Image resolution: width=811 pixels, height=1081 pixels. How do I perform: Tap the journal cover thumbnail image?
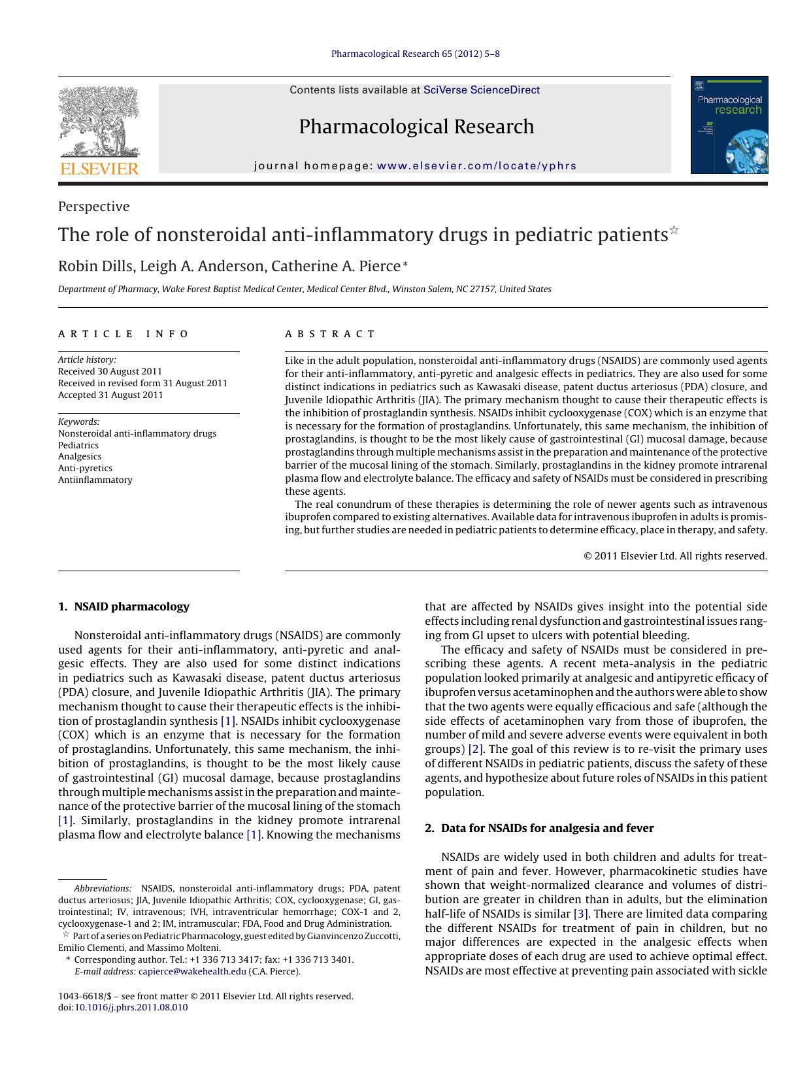tap(729, 125)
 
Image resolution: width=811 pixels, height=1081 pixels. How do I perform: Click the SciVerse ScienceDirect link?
tap(481, 90)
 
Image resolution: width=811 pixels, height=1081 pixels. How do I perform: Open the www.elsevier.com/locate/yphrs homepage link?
tap(476, 166)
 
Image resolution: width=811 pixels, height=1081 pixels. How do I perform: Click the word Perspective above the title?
tap(93, 207)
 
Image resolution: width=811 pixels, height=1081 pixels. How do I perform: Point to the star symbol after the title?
tap(674, 230)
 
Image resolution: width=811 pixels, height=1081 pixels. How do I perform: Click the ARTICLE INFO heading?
tap(124, 334)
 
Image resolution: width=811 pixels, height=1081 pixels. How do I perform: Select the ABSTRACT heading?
tap(330, 334)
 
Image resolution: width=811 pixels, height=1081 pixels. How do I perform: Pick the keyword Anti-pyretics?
tap(85, 468)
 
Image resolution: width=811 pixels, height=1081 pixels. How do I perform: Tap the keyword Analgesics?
tap(80, 456)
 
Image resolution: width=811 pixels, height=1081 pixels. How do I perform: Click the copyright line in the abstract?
tap(675, 556)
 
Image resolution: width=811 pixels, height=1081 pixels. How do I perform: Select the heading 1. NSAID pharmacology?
tap(124, 607)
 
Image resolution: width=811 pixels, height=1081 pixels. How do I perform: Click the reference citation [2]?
tap(476, 749)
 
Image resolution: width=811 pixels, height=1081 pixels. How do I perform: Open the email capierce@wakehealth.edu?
tap(192, 971)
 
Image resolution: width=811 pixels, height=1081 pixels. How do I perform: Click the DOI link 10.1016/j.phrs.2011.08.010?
tap(131, 1007)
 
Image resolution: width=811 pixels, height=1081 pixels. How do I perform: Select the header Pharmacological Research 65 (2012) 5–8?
tap(416, 54)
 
